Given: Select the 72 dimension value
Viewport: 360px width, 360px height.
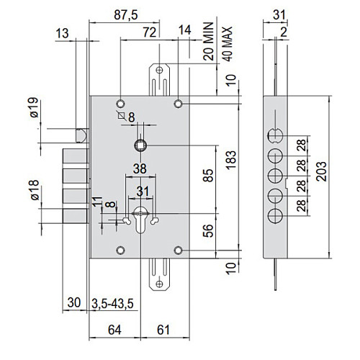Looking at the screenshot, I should pyautogui.click(x=150, y=32).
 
